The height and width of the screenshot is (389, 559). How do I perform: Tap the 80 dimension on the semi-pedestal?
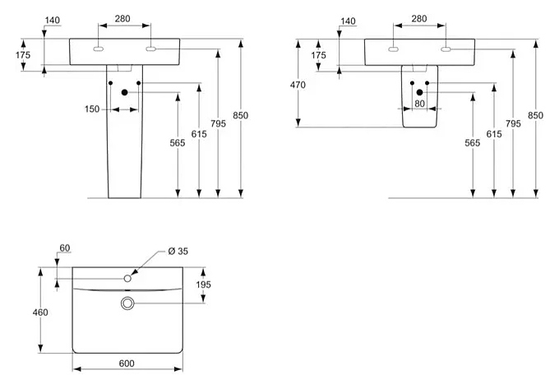tap(419, 104)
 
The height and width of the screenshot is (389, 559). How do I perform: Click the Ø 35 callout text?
tap(178, 251)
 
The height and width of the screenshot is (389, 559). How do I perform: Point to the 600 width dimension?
tap(127, 364)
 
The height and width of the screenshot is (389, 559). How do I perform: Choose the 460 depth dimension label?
tap(40, 312)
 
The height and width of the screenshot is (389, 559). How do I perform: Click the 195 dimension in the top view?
tap(204, 285)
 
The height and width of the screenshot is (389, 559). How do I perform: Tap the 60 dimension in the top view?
tap(66, 248)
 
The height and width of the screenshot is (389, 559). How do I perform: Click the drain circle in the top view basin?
tap(127, 303)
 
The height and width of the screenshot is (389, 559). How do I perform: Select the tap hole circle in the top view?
tap(127, 279)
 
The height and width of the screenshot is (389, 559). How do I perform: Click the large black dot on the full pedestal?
tap(125, 92)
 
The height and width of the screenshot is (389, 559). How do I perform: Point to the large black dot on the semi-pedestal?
tap(419, 91)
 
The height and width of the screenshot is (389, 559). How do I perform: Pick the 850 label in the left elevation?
tap(240, 116)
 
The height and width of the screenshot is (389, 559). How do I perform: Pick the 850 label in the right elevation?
tap(535, 116)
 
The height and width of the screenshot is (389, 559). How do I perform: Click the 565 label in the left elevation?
tap(178, 143)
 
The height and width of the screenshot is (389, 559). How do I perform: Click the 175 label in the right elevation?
tap(319, 55)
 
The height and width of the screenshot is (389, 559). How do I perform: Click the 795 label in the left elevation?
tap(217, 123)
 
